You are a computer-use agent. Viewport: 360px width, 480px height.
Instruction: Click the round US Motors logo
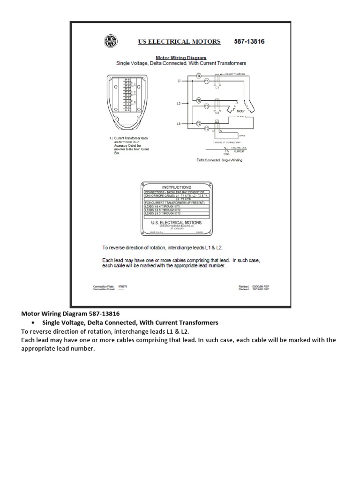coord(111,41)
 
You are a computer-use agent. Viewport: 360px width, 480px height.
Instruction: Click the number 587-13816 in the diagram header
coord(249,41)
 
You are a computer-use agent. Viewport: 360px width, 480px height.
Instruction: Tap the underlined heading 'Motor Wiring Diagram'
coord(181,58)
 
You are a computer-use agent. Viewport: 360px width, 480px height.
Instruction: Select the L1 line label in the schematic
coord(179,81)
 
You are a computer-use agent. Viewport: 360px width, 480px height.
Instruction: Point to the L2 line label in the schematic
coord(179,103)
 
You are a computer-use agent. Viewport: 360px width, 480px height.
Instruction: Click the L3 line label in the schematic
coord(179,123)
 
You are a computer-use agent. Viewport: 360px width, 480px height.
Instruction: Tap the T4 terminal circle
coord(199,75)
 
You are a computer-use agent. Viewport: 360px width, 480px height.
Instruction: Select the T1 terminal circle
coord(207,82)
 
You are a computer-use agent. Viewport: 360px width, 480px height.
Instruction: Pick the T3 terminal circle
coord(207,107)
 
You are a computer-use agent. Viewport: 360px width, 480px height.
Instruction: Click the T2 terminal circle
coord(207,128)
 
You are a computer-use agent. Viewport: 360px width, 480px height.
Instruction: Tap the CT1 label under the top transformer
coord(217,88)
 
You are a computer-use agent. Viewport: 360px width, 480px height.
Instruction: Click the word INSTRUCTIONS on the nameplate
coord(176,187)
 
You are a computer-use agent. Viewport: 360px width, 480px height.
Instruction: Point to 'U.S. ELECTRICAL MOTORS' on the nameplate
coord(176,223)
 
